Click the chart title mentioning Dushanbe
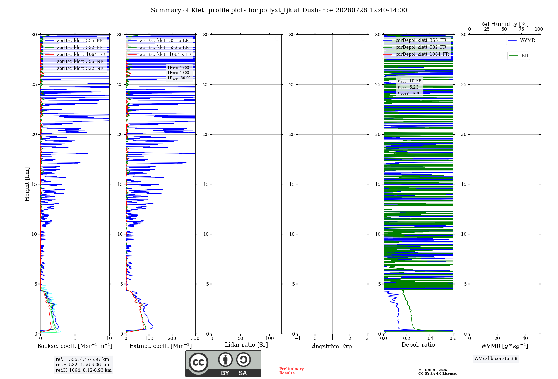279,10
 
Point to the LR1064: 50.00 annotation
179,78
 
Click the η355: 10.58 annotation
410,81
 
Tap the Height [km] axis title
27,184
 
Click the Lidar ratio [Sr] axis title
246,345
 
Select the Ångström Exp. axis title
333,346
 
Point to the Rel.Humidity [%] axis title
504,24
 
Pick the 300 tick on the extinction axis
195,338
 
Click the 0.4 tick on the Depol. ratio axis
430,338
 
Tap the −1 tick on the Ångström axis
298,338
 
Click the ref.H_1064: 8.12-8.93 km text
84,370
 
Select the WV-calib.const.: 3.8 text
496,359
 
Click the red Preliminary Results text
292,371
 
